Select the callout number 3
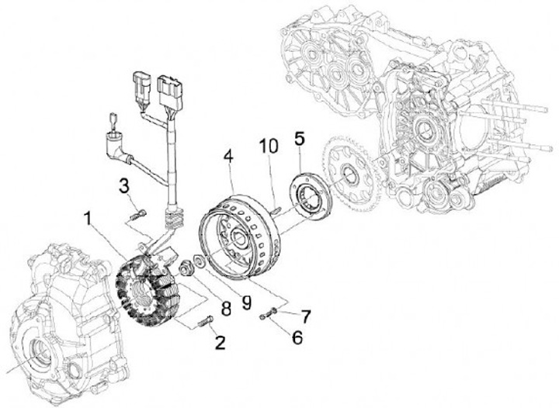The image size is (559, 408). point(123,185)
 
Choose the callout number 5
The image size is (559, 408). point(300,141)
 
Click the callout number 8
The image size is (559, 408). point(225,309)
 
